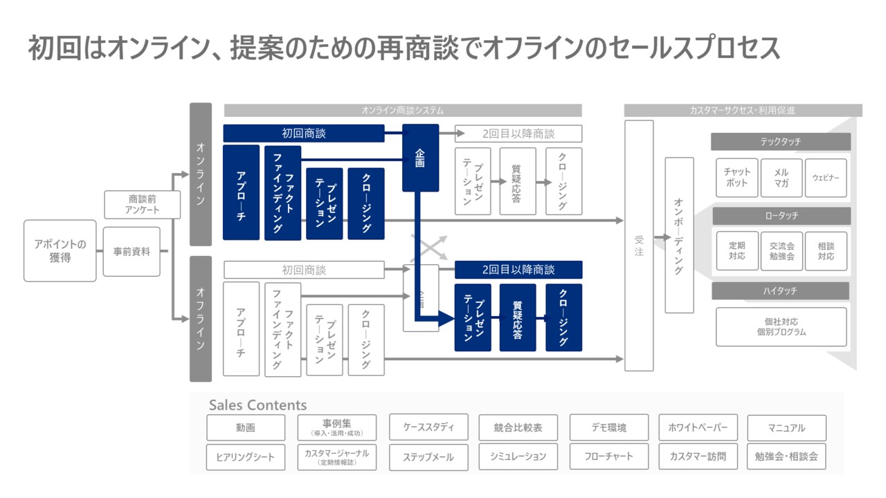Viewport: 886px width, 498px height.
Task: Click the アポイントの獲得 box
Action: tap(60, 250)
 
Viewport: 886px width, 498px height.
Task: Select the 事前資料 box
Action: tap(132, 252)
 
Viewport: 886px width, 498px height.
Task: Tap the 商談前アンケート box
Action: tap(143, 205)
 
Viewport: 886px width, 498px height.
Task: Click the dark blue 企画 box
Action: tap(420, 158)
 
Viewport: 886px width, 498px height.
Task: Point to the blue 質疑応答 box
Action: tap(518, 317)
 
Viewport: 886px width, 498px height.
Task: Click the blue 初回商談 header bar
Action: tap(303, 133)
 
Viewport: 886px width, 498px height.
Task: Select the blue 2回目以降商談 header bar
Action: tap(518, 269)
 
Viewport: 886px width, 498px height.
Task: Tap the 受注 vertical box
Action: tap(639, 246)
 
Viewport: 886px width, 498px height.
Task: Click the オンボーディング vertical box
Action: tap(679, 235)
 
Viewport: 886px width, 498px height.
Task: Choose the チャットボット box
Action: tap(737, 178)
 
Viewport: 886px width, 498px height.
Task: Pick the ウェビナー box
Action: tap(826, 178)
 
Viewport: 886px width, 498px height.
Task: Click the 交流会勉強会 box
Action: tap(781, 251)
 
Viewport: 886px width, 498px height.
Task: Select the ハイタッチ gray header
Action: tap(780, 291)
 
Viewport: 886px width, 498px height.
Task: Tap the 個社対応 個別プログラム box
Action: tap(781, 327)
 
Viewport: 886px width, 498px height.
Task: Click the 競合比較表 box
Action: tap(518, 427)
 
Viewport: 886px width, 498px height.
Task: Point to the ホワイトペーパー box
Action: tap(698, 427)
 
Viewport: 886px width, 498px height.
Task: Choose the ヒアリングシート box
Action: tap(246, 457)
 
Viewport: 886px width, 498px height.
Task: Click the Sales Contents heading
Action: tap(257, 405)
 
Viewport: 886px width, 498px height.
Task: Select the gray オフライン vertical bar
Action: tap(201, 319)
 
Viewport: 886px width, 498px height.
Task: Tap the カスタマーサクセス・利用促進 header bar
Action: tap(743, 111)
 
